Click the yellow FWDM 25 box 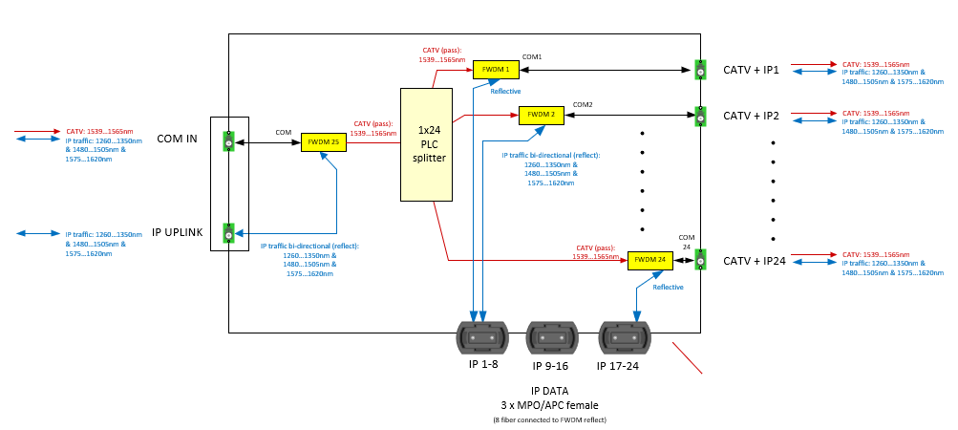click(x=324, y=142)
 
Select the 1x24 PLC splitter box click(x=426, y=144)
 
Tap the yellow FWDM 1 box click(x=496, y=69)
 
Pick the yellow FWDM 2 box click(x=541, y=115)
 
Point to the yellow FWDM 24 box click(x=650, y=259)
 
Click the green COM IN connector click(x=228, y=141)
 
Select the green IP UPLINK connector click(x=228, y=233)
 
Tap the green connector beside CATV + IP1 click(x=700, y=70)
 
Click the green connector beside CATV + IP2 click(x=700, y=116)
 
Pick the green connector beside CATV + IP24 click(x=700, y=260)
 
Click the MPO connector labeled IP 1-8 click(x=482, y=338)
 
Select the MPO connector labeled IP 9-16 click(x=552, y=338)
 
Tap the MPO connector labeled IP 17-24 click(x=625, y=338)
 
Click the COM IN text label click(x=177, y=140)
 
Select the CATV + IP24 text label click(x=754, y=261)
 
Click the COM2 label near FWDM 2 click(x=583, y=104)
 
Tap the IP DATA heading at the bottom click(x=549, y=392)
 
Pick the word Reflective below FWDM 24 click(x=668, y=287)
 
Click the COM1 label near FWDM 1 click(x=532, y=57)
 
